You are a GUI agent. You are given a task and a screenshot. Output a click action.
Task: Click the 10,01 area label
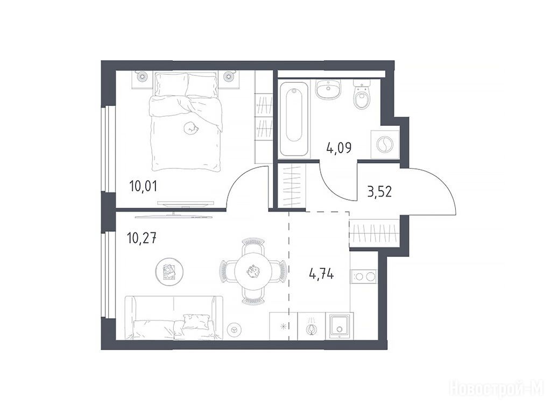(143, 186)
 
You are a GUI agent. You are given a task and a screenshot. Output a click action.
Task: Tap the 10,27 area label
(142, 238)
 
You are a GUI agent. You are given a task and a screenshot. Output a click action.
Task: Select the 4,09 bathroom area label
(339, 148)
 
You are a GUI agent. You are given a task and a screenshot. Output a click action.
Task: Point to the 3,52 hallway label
(379, 192)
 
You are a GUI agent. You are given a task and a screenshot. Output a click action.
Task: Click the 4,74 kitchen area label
(322, 274)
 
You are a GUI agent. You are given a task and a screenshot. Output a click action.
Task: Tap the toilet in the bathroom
(362, 95)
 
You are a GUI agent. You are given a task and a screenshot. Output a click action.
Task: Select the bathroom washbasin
(328, 89)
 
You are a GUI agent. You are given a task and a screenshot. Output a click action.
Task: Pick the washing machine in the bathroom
(385, 144)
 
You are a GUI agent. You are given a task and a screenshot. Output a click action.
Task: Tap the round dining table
(252, 271)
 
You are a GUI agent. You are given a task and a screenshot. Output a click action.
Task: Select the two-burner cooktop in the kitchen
(364, 276)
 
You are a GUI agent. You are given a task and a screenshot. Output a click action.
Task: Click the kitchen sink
(339, 326)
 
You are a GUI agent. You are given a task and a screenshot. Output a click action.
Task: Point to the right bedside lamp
(229, 76)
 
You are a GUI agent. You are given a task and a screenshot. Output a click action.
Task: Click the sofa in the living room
(174, 318)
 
